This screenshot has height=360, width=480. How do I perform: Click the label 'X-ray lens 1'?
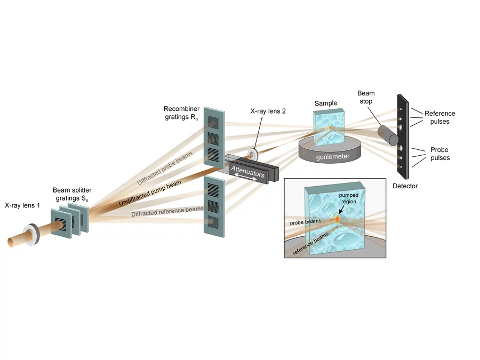(x=22, y=205)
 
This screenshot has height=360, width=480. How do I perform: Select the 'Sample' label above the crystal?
(x=326, y=103)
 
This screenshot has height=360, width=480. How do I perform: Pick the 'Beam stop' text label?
(x=366, y=97)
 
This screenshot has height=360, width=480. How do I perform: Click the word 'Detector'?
(x=405, y=186)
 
